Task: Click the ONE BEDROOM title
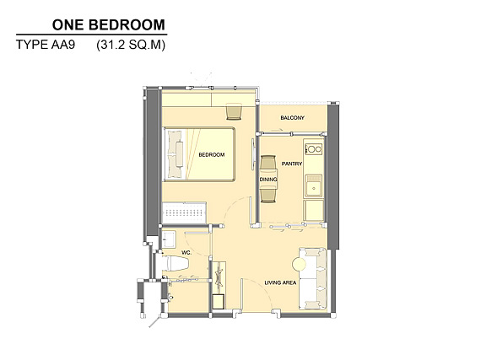(109, 24)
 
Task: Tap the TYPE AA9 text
(46, 45)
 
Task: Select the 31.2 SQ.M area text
(131, 45)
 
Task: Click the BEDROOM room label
(212, 154)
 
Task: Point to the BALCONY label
(292, 118)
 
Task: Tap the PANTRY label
(292, 164)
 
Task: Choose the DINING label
(268, 180)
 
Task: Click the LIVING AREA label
(280, 282)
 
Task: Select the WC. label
(186, 253)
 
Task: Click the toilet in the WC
(175, 264)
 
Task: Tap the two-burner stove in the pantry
(314, 149)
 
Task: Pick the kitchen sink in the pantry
(314, 185)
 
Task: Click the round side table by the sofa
(300, 264)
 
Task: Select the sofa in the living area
(313, 278)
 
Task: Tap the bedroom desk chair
(234, 111)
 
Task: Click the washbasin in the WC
(169, 239)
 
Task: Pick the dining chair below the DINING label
(268, 195)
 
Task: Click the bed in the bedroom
(199, 154)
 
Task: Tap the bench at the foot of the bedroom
(185, 212)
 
